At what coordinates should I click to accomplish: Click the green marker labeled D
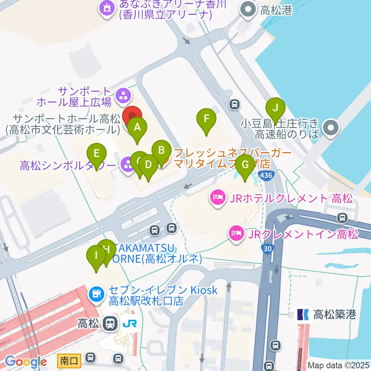click(148, 165)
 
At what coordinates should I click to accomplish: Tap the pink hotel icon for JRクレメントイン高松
click(236, 234)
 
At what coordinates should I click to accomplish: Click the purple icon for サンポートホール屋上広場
click(123, 95)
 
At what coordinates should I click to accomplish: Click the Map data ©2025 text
click(338, 365)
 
